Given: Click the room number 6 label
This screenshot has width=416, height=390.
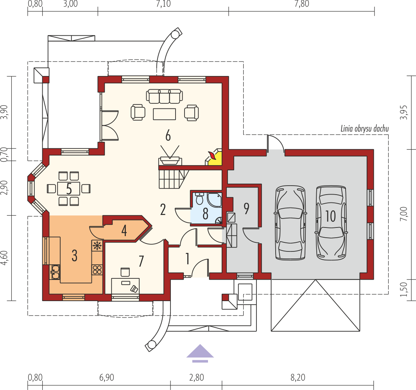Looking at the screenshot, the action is (x=168, y=136).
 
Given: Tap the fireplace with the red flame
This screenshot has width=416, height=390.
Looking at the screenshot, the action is (x=213, y=157).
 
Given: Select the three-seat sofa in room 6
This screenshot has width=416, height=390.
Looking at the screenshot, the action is (x=164, y=96).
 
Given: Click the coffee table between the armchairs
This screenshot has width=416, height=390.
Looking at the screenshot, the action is (x=164, y=114).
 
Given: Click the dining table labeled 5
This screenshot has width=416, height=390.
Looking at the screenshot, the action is (x=69, y=188).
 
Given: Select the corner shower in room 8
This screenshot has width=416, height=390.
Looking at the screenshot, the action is (x=214, y=200).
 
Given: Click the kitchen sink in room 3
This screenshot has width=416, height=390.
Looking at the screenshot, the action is (x=55, y=272).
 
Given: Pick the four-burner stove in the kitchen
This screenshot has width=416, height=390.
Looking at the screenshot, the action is (x=97, y=270).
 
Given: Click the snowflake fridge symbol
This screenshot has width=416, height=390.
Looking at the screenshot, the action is (x=97, y=245).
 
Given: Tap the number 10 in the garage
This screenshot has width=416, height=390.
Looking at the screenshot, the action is (x=331, y=216).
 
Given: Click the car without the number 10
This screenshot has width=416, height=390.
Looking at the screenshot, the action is (x=290, y=222).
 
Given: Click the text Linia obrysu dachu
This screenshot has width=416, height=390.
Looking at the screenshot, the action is (x=364, y=129).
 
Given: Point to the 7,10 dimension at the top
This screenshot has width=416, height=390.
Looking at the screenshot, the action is (x=163, y=4).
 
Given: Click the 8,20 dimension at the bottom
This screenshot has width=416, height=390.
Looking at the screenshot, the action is (x=298, y=377).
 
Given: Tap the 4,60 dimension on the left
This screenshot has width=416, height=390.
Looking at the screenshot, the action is (x=4, y=258).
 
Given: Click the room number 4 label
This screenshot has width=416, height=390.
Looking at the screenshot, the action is (x=124, y=230).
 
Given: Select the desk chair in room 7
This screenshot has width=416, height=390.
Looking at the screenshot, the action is (x=125, y=272).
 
